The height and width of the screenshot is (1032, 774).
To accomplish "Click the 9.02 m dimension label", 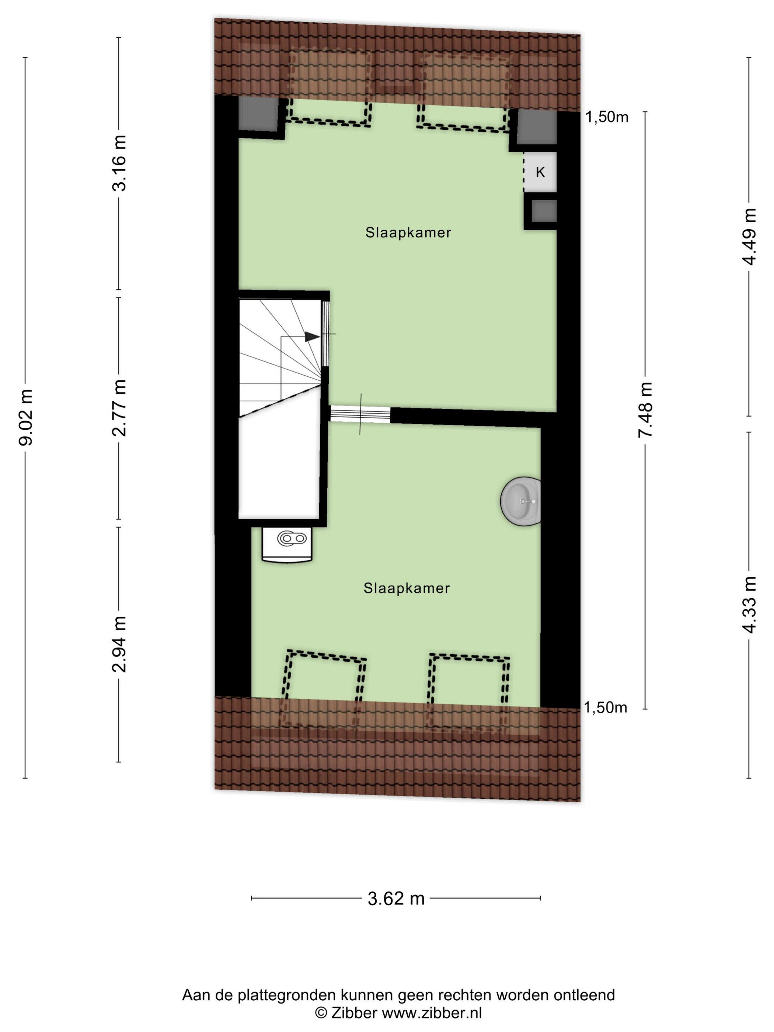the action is pyautogui.click(x=26, y=417).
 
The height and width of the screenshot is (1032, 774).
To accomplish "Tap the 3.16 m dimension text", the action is pyautogui.click(x=119, y=163).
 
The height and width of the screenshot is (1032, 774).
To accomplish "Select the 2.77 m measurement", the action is pyautogui.click(x=119, y=408).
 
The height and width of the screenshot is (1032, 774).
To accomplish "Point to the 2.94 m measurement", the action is pyautogui.click(x=119, y=644).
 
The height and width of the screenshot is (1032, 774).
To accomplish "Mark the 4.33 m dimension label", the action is pyautogui.click(x=749, y=605).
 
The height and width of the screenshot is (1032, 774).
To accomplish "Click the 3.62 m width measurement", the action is pyautogui.click(x=396, y=898).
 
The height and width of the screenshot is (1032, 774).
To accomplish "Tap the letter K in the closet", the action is pyautogui.click(x=540, y=172).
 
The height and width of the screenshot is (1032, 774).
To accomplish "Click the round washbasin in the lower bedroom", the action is pyautogui.click(x=521, y=502).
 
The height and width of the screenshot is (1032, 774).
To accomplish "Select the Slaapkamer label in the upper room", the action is pyautogui.click(x=408, y=232).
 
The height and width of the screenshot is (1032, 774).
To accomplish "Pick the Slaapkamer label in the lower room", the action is pyautogui.click(x=407, y=588).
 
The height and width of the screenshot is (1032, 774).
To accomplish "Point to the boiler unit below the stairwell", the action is pyautogui.click(x=287, y=545).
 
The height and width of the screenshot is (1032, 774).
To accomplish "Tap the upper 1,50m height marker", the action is pyautogui.click(x=607, y=118).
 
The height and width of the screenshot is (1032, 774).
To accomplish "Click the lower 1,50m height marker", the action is pyautogui.click(x=606, y=707).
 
